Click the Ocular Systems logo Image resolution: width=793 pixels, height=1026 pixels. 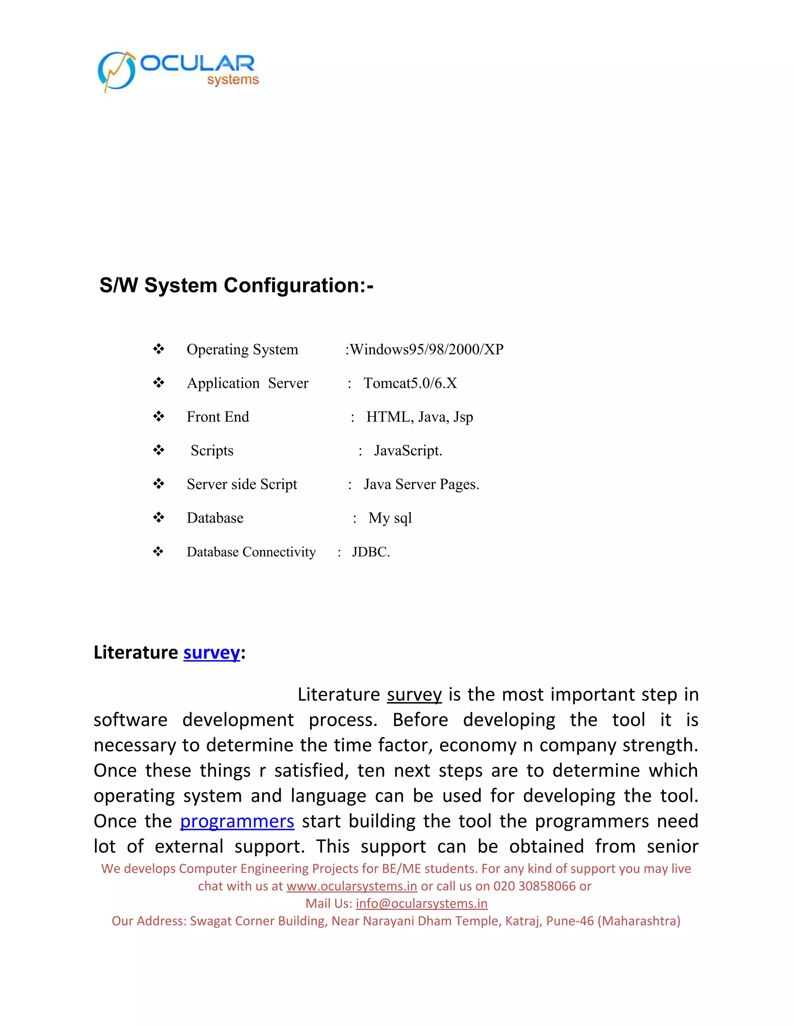click(179, 71)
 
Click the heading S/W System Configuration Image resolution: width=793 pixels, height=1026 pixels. click(236, 285)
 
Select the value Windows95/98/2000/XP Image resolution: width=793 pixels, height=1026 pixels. click(427, 350)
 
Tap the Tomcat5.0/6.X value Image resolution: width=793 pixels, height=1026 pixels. click(410, 383)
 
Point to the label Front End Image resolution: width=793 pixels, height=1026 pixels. click(218, 417)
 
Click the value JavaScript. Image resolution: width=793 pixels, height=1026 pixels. click(408, 451)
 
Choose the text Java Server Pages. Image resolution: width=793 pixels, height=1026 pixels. click(421, 484)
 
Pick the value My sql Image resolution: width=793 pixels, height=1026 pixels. click(390, 518)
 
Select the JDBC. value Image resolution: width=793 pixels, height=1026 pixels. click(371, 552)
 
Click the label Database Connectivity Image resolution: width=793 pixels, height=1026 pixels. click(251, 552)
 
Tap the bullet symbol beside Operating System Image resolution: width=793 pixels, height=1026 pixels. click(159, 349)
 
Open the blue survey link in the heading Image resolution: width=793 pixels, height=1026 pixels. click(211, 652)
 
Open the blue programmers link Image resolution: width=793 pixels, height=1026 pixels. click(237, 821)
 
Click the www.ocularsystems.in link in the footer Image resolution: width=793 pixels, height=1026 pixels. click(352, 886)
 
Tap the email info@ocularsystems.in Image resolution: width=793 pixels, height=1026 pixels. click(421, 903)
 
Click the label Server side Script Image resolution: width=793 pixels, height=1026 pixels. click(242, 484)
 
